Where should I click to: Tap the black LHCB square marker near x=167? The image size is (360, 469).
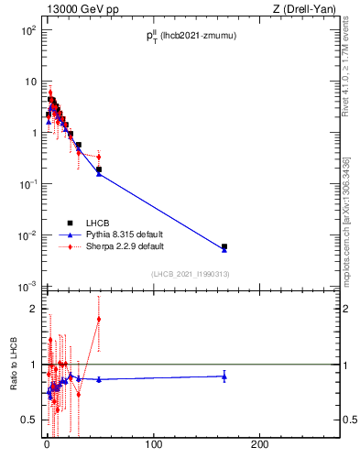coord(224,246)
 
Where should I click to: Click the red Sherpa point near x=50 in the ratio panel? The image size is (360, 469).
coord(99,320)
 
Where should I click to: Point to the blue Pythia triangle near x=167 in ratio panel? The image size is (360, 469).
coord(224,376)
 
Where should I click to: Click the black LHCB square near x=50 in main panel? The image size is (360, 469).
coord(99,169)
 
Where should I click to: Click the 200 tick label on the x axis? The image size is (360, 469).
coord(260,446)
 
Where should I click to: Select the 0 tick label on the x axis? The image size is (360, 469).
coord(47,446)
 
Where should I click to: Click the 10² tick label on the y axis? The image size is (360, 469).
coord(28,30)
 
